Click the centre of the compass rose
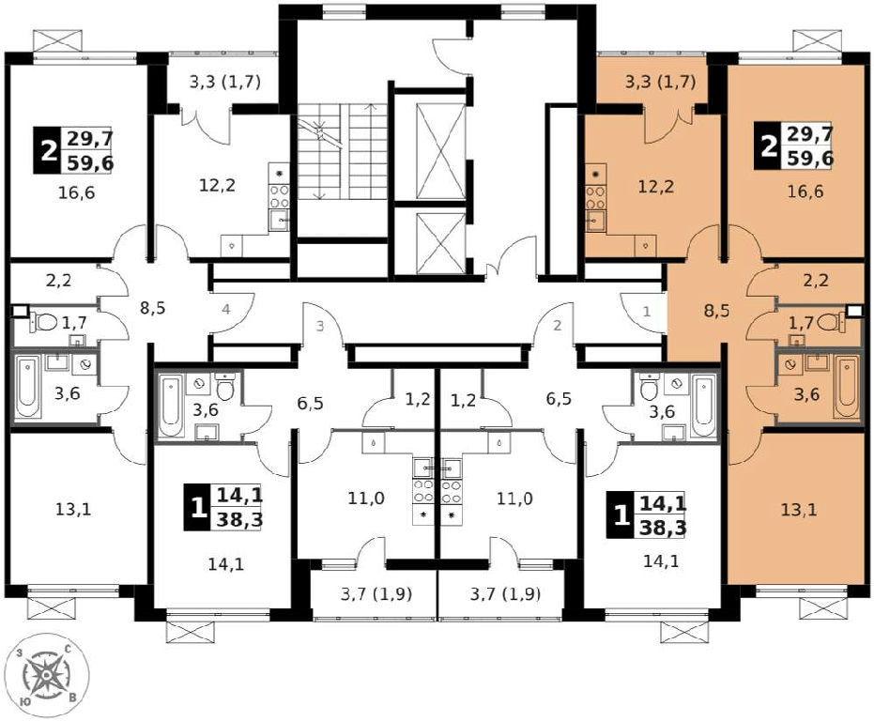coord(47,676)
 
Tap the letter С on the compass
coord(68,649)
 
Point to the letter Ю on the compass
coord(24,702)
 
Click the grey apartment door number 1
coord(647,312)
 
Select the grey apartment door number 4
coord(225,309)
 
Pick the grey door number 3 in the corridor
coord(320,326)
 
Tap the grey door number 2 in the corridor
coord(558,326)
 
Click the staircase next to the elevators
coord(343,152)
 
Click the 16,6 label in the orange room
coord(805,192)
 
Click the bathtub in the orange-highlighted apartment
coord(846,387)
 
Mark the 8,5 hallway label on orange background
coord(717,310)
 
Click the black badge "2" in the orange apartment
coord(768,147)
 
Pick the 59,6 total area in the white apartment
coord(90,163)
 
